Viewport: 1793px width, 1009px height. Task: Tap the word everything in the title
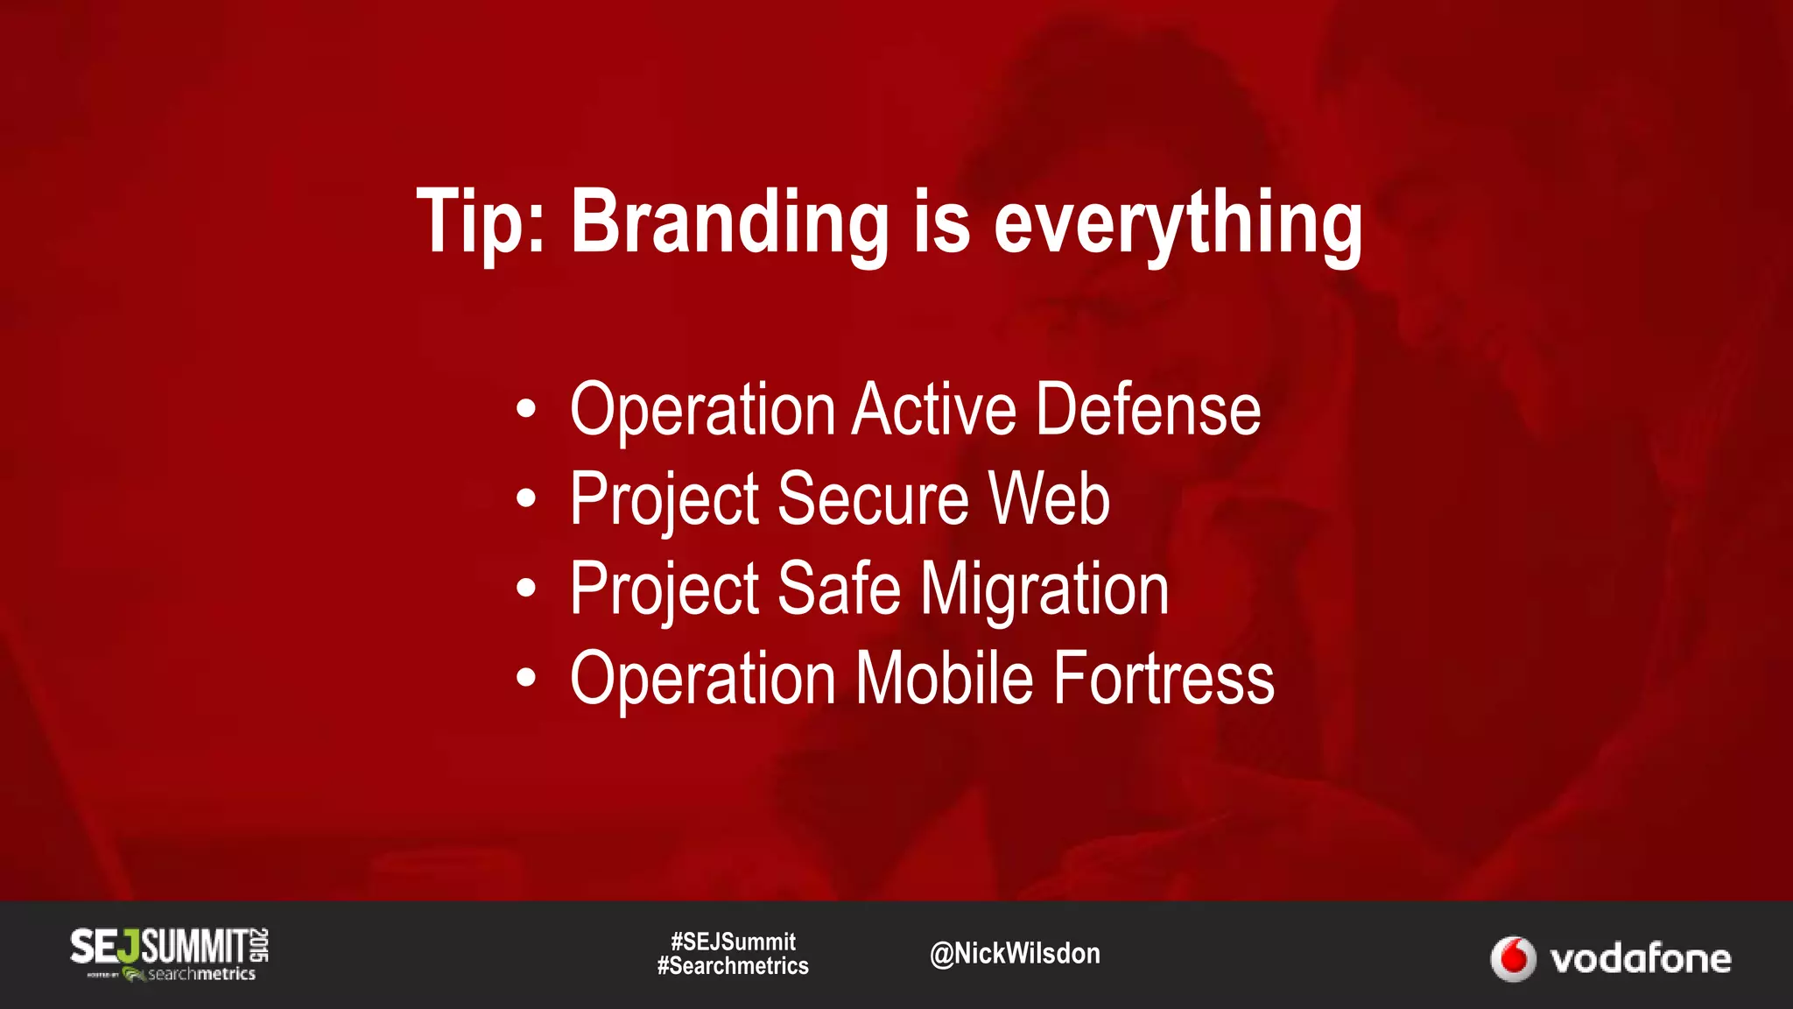[x=1178, y=222]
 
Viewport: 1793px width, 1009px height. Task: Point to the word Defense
[x=1148, y=409]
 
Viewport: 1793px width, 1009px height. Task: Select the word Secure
[x=873, y=498]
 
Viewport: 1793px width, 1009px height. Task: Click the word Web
[x=1049, y=498]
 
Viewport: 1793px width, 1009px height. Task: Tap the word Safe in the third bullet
[x=838, y=589]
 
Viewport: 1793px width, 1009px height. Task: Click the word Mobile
[x=944, y=678]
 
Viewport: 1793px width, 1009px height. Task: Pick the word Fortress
[x=1164, y=678]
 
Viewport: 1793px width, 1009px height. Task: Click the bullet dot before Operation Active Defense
[x=525, y=409]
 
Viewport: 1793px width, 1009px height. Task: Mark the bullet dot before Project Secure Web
[x=525, y=498]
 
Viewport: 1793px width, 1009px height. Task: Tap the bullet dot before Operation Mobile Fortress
[x=525, y=678]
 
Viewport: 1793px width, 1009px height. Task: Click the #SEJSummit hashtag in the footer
[x=733, y=942]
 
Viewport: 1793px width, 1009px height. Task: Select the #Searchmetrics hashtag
[x=733, y=966]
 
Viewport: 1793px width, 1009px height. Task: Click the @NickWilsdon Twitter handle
[x=1015, y=953]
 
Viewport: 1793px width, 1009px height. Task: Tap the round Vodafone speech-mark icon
[x=1513, y=959]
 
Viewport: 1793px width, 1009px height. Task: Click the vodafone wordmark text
[x=1641, y=959]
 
